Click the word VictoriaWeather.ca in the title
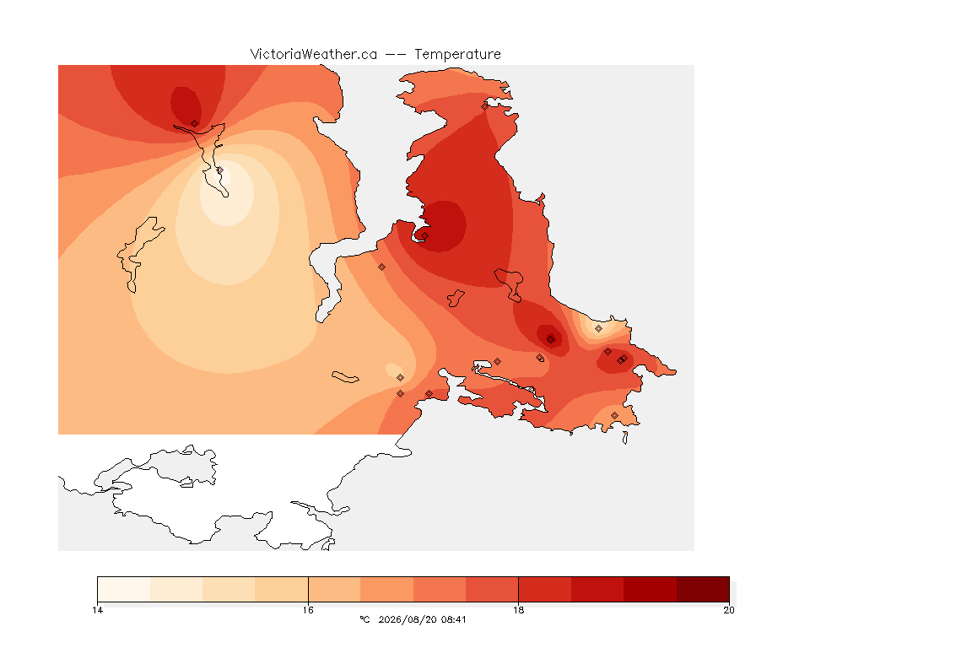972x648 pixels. click(314, 55)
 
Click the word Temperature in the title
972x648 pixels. click(457, 55)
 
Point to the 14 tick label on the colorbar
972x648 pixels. click(97, 610)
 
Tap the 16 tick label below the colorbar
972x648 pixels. click(308, 610)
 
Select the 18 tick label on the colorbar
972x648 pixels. click(518, 610)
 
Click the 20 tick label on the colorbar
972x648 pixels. click(729, 610)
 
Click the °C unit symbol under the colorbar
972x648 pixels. click(364, 619)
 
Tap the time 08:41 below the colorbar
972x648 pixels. click(453, 619)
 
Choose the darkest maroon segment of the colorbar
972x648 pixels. click(703, 589)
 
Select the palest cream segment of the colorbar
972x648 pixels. click(124, 589)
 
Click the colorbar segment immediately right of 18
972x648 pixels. click(545, 589)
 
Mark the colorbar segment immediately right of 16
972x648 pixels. click(334, 589)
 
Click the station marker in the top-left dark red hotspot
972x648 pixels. click(195, 124)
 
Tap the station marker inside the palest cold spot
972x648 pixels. click(219, 170)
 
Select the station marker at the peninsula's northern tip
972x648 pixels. click(485, 106)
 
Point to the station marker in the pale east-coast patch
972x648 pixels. click(598, 329)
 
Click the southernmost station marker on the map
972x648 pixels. click(614, 415)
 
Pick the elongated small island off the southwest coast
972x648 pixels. click(345, 377)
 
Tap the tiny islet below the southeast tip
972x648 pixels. click(625, 438)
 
